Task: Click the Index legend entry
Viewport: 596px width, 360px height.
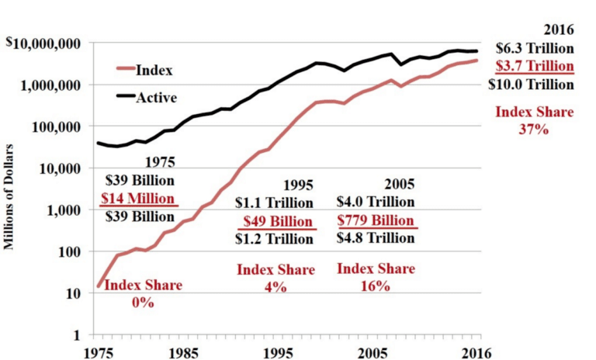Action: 154,71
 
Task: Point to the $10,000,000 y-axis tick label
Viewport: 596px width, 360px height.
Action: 45,43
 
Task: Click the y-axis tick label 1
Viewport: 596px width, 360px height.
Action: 79,336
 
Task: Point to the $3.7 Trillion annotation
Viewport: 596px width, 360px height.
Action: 535,66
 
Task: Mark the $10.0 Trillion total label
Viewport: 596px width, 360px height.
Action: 535,84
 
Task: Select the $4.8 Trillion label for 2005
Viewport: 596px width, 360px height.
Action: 376,239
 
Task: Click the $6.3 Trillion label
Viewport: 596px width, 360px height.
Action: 535,48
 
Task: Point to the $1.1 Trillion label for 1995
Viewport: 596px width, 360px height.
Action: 274,203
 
